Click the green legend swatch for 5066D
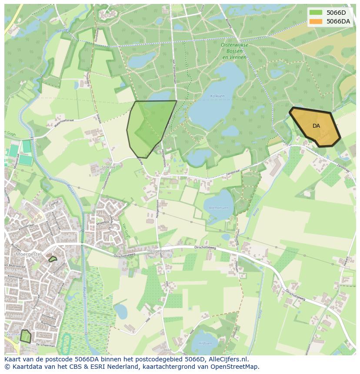(x=316, y=12)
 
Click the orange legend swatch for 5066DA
(x=316, y=21)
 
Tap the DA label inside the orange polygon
(x=316, y=126)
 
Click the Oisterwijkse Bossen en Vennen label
(x=234, y=51)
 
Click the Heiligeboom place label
(x=159, y=251)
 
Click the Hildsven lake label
(x=205, y=343)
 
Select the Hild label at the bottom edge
(x=168, y=350)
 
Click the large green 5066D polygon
(x=150, y=126)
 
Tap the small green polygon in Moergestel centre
(x=53, y=259)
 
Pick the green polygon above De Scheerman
(x=26, y=336)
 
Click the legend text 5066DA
(x=338, y=21)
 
